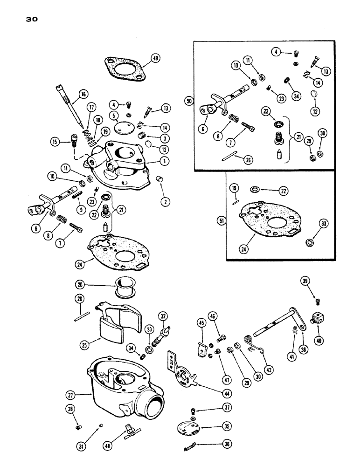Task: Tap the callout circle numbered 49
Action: coord(156,59)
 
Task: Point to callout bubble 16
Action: coord(83,95)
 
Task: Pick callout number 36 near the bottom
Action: coord(215,444)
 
